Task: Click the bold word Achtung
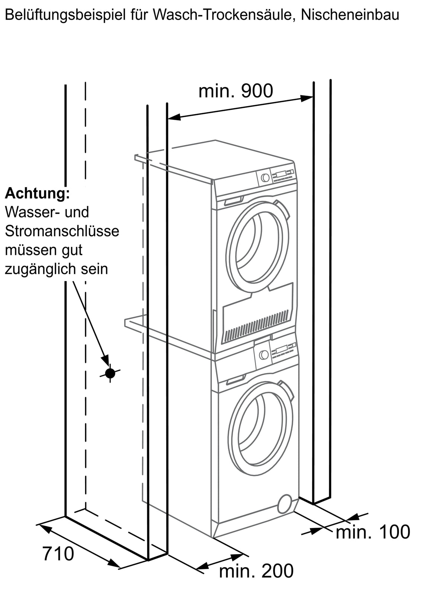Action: point(37,193)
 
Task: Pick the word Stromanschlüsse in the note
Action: point(62,231)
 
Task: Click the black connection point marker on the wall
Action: point(110,373)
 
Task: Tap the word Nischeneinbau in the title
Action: point(350,15)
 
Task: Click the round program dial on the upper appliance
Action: point(265,177)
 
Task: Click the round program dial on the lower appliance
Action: point(264,355)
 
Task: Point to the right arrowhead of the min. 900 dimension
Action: point(307,98)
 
